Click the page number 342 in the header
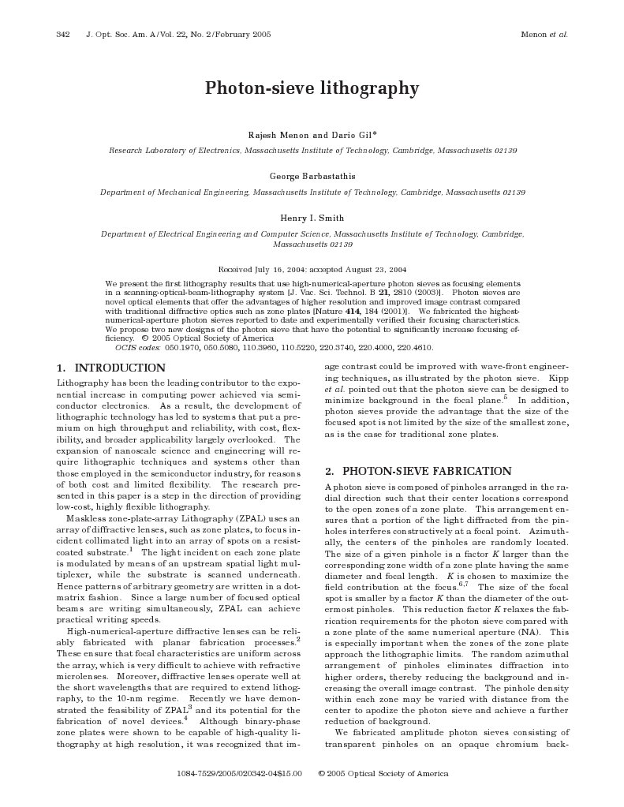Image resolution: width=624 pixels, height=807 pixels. (x=64, y=35)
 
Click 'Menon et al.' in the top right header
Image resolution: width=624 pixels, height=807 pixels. (x=544, y=35)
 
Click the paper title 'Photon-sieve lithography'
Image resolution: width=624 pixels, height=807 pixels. (x=312, y=88)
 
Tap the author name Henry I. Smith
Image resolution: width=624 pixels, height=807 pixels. (x=312, y=218)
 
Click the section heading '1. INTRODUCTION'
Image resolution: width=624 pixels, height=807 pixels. (x=111, y=368)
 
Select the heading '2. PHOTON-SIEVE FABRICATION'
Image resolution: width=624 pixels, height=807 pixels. (x=418, y=472)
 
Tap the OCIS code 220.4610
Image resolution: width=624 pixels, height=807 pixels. (x=413, y=347)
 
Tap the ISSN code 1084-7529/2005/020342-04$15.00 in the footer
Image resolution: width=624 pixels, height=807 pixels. (x=240, y=774)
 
